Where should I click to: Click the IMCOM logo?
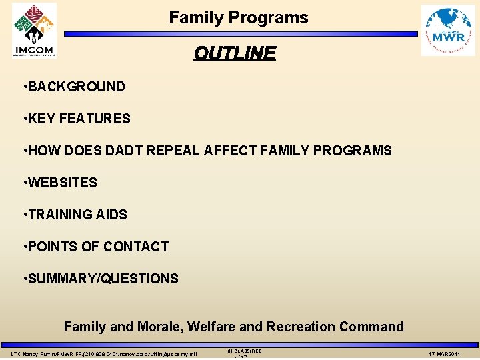point(34,30)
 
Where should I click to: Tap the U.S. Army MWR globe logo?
point(448,31)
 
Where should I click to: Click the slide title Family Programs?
point(239,18)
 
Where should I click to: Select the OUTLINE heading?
point(234,53)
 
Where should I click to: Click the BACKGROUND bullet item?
point(76,87)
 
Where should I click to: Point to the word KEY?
point(41,119)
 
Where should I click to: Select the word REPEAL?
point(174,151)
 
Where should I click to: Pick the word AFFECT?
point(231,151)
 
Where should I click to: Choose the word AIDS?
point(113,215)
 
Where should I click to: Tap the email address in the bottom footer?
point(153,353)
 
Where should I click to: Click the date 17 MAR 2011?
point(445,353)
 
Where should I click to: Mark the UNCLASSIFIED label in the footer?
point(245,351)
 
